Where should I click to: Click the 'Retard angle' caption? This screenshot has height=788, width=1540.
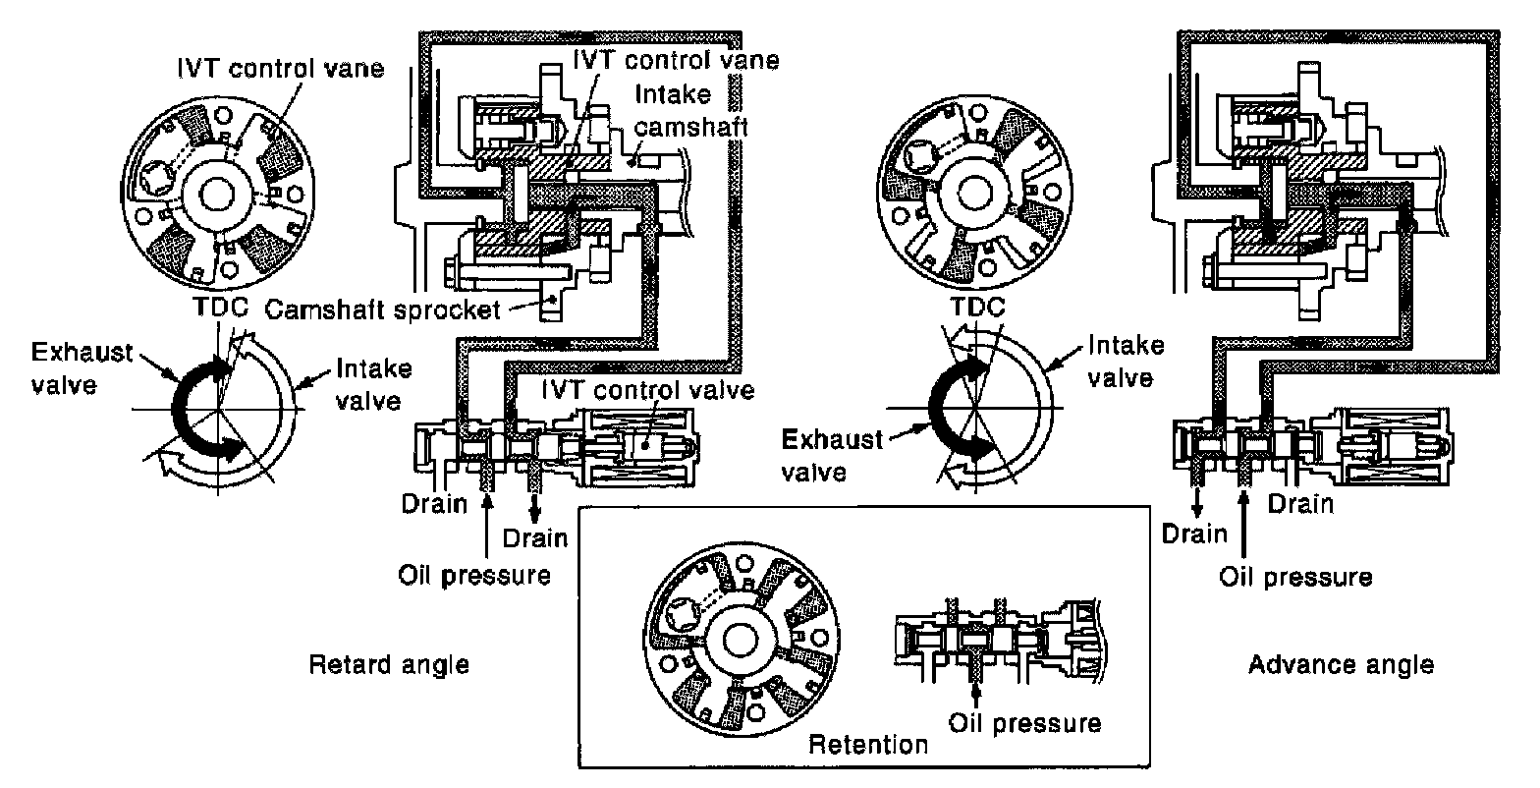pos(389,665)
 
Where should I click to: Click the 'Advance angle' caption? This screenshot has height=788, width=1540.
pos(1341,665)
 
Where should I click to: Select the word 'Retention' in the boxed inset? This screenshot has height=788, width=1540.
pos(867,745)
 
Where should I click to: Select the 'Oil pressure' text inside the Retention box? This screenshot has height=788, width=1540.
pos(1024,723)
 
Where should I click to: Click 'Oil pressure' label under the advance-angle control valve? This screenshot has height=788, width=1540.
pos(1294,575)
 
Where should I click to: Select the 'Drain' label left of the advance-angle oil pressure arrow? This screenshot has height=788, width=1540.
pos(1193,535)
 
